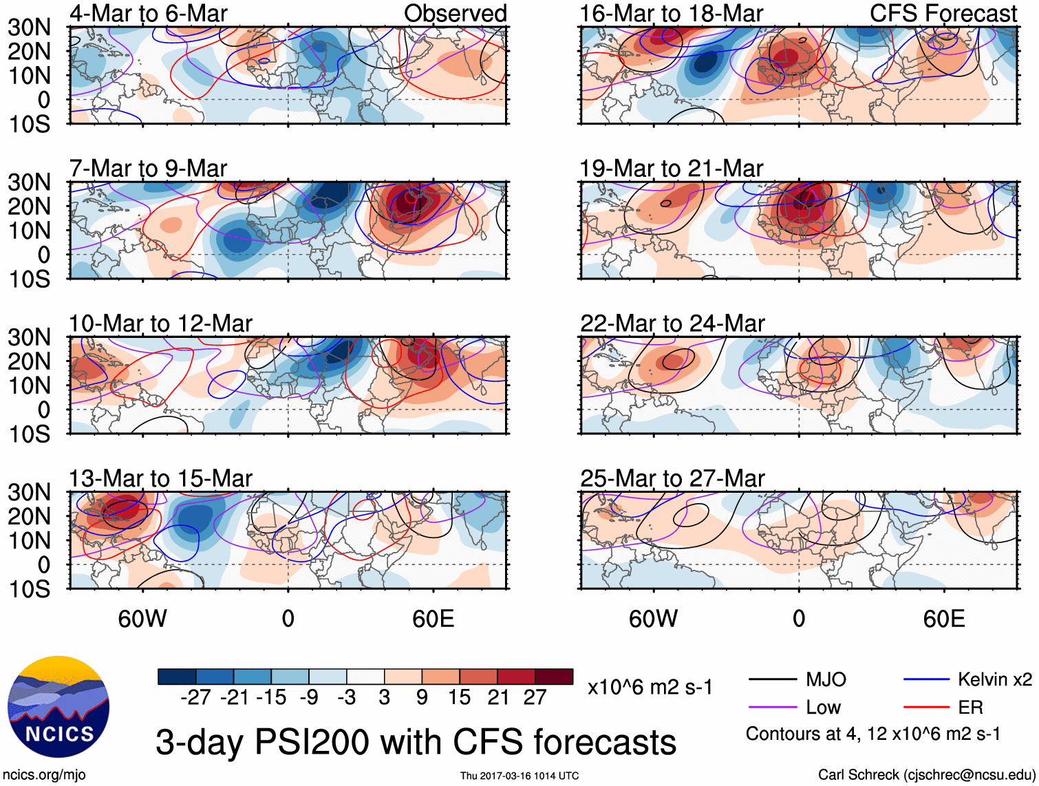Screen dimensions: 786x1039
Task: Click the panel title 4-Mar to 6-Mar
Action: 149,13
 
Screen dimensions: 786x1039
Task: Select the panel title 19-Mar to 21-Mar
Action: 672,169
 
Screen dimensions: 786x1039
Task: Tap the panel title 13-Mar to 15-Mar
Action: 160,478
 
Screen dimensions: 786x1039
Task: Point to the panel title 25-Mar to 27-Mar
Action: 672,478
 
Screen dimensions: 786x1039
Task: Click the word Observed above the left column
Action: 455,13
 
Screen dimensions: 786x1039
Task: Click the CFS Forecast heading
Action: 943,13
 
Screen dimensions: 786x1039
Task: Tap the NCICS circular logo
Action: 58,707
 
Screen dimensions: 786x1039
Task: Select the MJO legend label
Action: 826,680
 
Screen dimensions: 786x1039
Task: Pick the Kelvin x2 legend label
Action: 994,680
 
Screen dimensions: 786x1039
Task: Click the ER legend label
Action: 970,708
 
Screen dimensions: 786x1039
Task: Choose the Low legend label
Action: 823,708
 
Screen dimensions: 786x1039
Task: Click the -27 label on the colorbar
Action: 195,697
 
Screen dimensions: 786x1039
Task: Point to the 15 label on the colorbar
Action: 459,697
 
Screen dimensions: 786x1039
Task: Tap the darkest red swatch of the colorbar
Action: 554,677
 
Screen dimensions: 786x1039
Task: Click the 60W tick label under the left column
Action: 142,619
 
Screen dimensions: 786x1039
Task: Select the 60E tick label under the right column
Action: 943,619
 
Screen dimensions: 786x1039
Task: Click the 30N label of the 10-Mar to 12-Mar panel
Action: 29,337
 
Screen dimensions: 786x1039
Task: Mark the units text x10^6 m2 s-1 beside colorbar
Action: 650,687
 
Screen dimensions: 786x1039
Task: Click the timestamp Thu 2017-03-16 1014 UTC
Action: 519,776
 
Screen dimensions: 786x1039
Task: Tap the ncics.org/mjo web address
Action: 44,775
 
